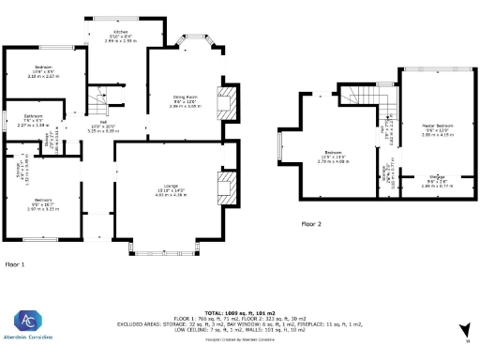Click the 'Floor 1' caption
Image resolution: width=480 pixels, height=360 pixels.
coord(14,265)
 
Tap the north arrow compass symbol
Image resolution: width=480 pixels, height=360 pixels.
coord(463,329)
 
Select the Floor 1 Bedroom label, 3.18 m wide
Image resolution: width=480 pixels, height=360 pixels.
coord(44,69)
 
